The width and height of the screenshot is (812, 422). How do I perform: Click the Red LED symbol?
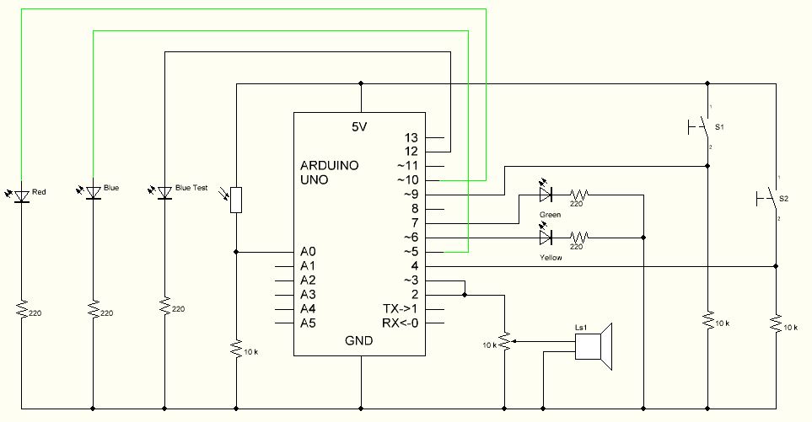[x=20, y=195]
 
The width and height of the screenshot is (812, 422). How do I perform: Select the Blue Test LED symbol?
[x=165, y=193]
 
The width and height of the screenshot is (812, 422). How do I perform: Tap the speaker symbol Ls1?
[x=594, y=347]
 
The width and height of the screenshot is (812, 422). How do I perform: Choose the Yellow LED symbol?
[x=546, y=238]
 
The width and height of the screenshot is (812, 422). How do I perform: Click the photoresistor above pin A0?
[x=236, y=200]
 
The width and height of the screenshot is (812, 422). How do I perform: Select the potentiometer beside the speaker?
[x=503, y=341]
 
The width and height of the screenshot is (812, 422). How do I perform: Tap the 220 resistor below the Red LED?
[x=20, y=311]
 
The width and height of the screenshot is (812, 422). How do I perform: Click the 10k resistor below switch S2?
[x=774, y=324]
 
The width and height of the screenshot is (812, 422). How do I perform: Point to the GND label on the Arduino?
[x=360, y=341]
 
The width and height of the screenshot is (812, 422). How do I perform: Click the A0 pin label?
[x=308, y=251]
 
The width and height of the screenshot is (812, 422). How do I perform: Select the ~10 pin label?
[x=408, y=180]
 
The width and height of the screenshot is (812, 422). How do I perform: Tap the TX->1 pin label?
[x=400, y=309]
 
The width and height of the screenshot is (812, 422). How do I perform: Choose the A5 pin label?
[x=308, y=323]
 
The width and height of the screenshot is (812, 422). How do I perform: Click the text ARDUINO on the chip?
[x=330, y=165]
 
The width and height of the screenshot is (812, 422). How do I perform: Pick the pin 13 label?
[x=411, y=136]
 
